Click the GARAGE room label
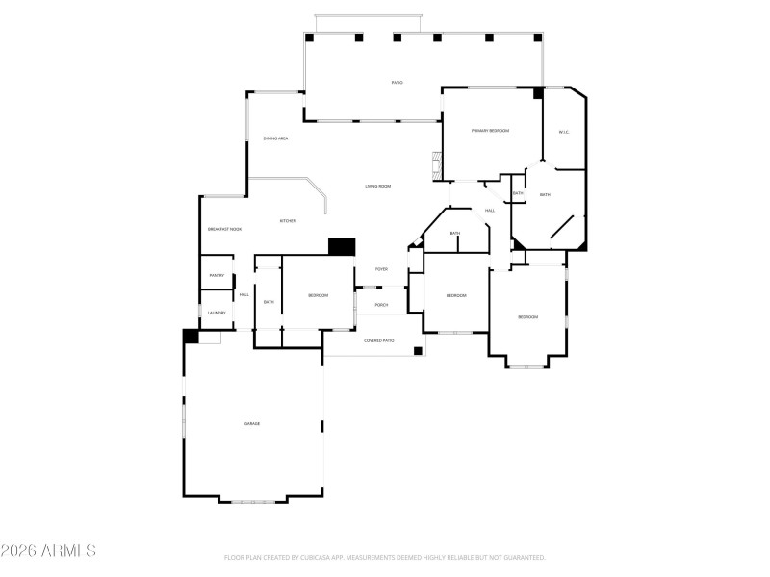tap(252, 423)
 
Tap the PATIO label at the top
tap(397, 83)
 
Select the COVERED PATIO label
tap(378, 340)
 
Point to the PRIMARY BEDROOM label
tap(490, 131)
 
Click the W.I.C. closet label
tap(564, 132)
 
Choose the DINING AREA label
tap(275, 138)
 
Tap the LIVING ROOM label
tap(377, 186)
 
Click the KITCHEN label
tap(288, 221)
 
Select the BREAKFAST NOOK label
tap(224, 229)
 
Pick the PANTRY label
tap(217, 276)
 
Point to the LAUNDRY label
tap(217, 313)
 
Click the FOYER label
tap(381, 269)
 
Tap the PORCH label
tap(381, 304)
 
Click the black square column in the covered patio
tap(418, 351)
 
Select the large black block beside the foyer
tap(342, 247)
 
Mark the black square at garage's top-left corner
tap(191, 337)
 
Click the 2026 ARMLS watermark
tap(48, 551)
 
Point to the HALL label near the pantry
tap(244, 294)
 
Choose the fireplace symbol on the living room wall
tap(436, 164)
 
